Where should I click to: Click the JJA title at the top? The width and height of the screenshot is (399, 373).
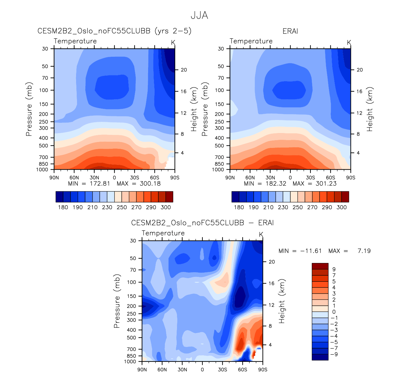click(x=199, y=16)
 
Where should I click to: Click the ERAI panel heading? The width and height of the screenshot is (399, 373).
click(x=290, y=31)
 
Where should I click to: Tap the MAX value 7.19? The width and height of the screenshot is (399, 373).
click(x=364, y=251)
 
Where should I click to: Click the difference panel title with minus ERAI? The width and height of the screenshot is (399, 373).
click(x=202, y=223)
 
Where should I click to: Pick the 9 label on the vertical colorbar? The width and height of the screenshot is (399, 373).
click(x=334, y=269)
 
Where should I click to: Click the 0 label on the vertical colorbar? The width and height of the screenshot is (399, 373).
click(x=334, y=312)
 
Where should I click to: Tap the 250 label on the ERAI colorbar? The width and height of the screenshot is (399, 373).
click(x=297, y=207)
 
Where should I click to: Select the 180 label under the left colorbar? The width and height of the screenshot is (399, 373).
click(x=63, y=207)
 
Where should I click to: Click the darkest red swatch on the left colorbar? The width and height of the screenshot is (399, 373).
click(x=169, y=197)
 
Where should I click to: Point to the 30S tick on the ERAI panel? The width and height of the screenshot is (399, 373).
click(x=310, y=178)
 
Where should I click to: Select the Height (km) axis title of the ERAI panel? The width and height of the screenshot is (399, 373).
click(x=370, y=109)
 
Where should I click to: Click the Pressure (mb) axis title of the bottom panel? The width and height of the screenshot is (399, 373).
click(x=117, y=301)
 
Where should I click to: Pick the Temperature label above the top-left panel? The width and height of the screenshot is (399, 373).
click(x=75, y=41)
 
